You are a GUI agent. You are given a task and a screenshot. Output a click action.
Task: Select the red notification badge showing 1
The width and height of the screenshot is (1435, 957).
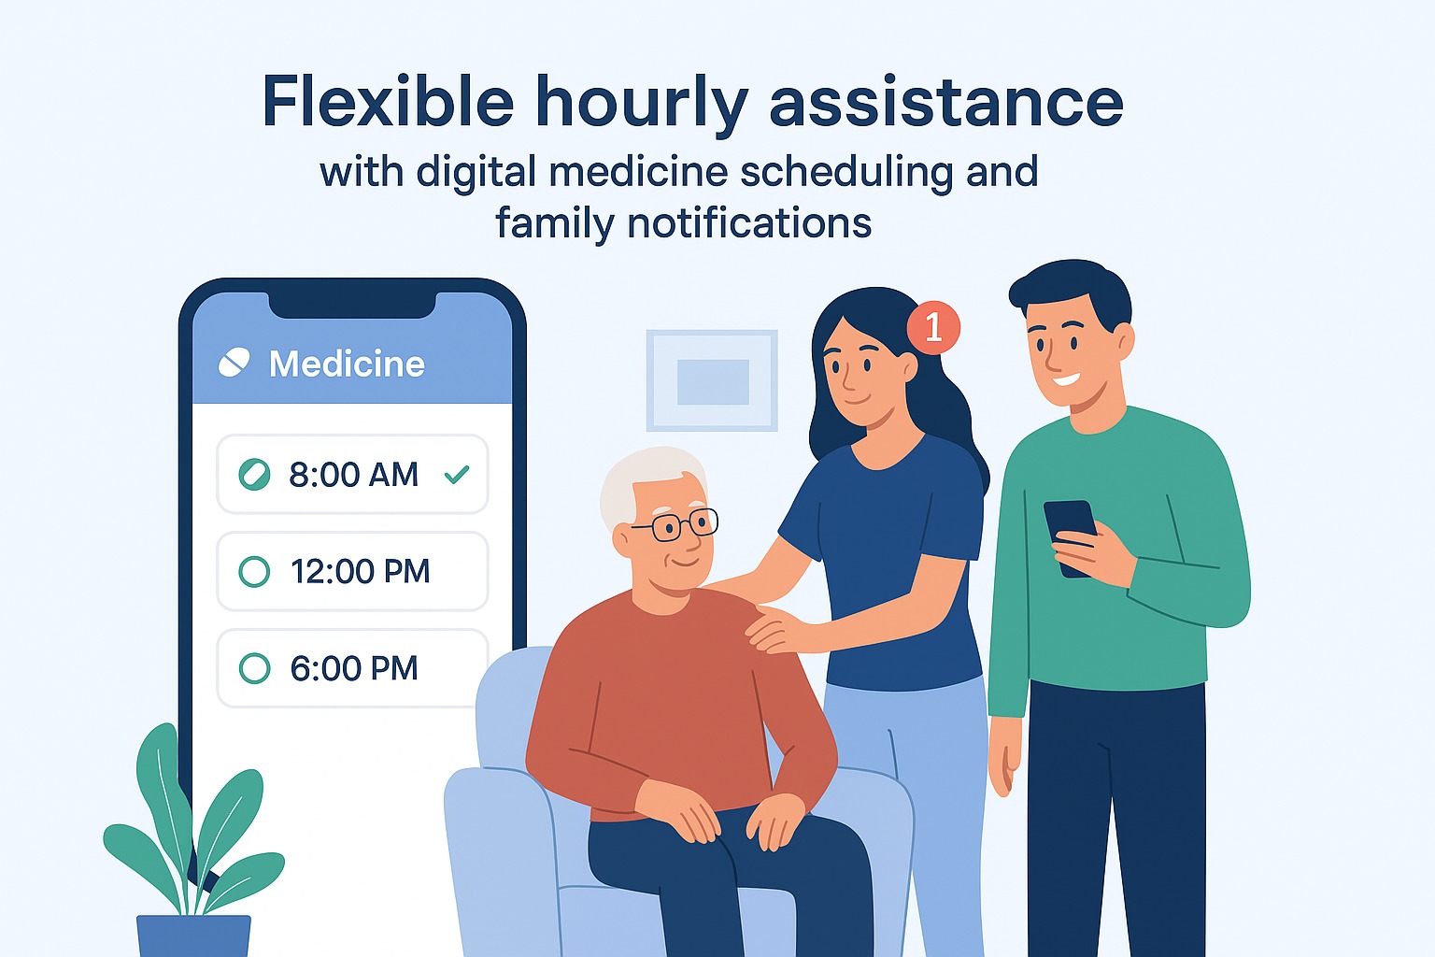932,327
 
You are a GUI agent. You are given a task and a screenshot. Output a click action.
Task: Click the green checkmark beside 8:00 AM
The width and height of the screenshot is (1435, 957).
457,475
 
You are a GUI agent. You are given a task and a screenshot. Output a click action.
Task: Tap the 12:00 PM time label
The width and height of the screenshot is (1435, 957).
360,571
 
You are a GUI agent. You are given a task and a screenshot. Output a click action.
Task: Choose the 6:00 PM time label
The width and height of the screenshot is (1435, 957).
353,668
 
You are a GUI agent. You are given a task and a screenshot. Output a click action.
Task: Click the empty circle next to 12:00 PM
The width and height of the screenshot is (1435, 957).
254,571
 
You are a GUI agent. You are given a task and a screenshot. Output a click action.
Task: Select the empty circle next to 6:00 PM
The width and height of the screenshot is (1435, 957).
254,668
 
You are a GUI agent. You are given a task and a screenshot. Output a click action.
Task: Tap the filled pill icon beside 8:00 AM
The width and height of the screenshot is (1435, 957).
254,475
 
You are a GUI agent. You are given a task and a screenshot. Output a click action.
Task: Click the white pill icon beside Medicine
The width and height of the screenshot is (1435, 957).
234,363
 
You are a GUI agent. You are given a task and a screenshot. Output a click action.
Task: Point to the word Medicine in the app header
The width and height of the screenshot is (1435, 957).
347,364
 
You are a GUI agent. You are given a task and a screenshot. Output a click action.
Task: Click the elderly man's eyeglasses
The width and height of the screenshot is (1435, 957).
675,525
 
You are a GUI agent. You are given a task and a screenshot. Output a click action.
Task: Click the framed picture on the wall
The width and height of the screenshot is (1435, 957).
712,380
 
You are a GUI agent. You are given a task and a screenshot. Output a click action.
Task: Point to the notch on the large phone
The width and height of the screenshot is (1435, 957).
352,305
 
